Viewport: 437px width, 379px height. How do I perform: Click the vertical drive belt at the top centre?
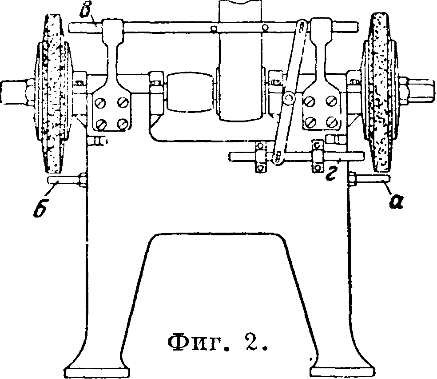pyautogui.click(x=238, y=58)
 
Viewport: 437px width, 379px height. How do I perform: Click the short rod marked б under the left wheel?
pyautogui.click(x=62, y=180)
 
